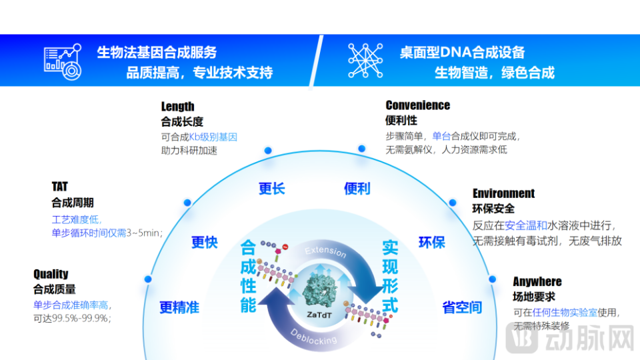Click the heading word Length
[x=178, y=107]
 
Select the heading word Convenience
[x=418, y=105]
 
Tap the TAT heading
[x=60, y=187]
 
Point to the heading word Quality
[x=51, y=274]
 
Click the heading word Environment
[x=504, y=193]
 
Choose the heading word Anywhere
[x=537, y=281]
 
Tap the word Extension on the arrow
[x=326, y=251]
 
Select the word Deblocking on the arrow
[x=314, y=337]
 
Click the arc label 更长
[x=272, y=189]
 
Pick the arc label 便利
[x=357, y=189]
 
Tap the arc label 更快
[x=205, y=242]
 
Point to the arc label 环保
[x=431, y=242]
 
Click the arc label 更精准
[x=179, y=307]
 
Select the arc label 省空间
[x=462, y=307]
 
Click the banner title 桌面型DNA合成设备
[x=462, y=52]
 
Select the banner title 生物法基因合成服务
[x=157, y=52]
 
